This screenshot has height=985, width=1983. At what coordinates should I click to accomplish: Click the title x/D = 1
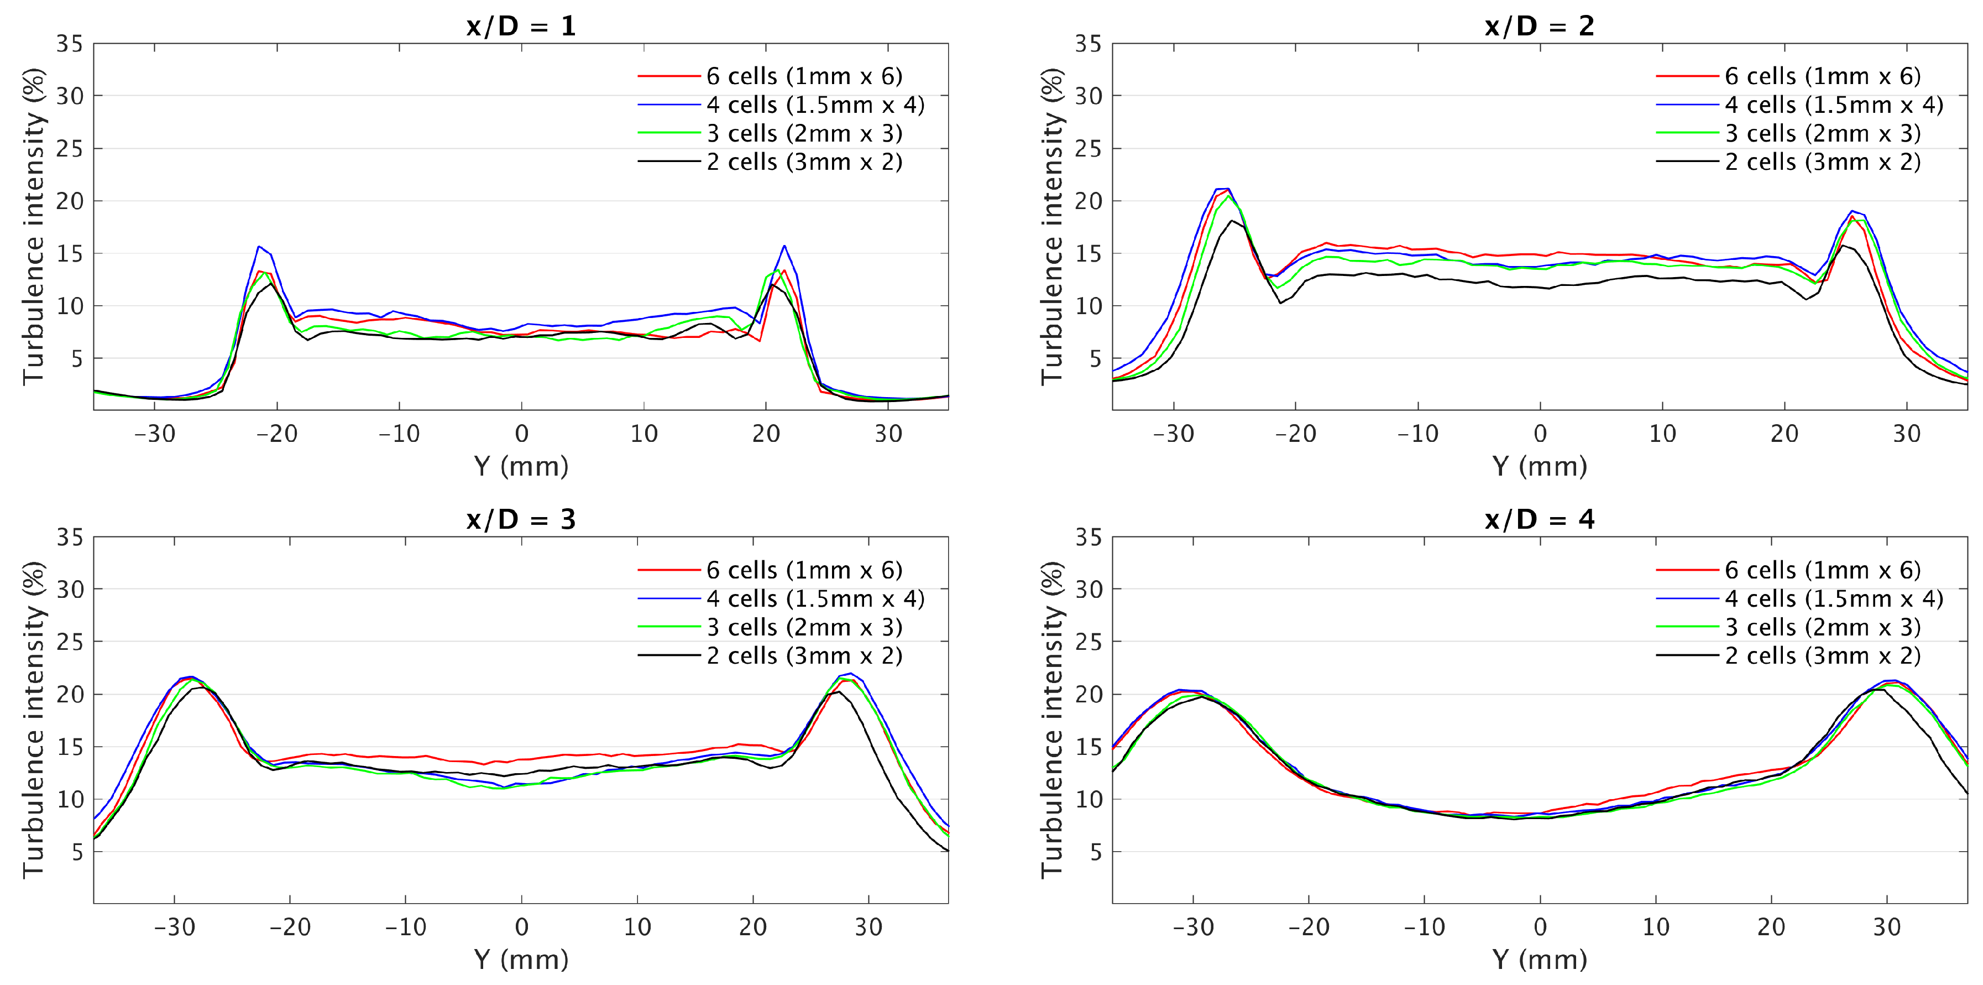521,26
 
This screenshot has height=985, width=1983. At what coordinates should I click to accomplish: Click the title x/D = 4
1540,520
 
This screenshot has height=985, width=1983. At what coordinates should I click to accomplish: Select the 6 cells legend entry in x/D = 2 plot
1822,76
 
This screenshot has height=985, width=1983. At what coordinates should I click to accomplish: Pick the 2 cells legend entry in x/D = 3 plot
804,656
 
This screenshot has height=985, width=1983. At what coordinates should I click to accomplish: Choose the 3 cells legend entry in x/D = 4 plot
1822,628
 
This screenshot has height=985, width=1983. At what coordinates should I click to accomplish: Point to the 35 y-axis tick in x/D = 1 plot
69,44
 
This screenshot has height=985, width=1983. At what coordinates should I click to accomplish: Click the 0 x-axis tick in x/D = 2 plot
1540,434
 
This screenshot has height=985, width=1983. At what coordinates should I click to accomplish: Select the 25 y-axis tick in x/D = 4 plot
1088,642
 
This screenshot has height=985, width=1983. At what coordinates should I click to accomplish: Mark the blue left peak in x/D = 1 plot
259,247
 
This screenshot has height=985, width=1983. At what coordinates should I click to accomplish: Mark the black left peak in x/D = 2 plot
1232,221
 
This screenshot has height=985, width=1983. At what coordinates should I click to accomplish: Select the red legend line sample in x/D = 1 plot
668,76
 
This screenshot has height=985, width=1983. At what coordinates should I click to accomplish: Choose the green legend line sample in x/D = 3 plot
668,628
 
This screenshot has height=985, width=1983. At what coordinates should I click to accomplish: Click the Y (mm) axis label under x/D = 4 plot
1540,960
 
